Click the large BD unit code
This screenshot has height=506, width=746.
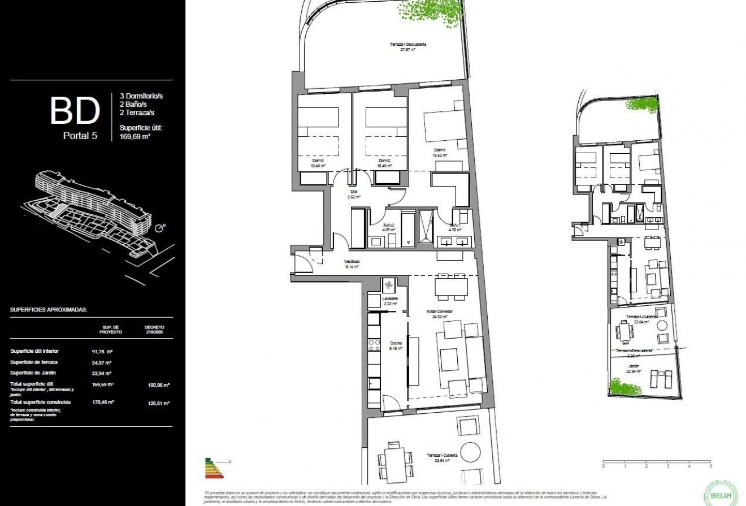pos(75,111)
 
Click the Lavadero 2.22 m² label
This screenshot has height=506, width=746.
pos(391,301)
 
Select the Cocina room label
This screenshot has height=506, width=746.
pos(394,345)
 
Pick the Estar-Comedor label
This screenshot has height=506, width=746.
pos(439,314)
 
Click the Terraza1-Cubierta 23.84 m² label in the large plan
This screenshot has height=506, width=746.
pos(442,457)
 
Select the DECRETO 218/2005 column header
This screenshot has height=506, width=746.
pos(154,329)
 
